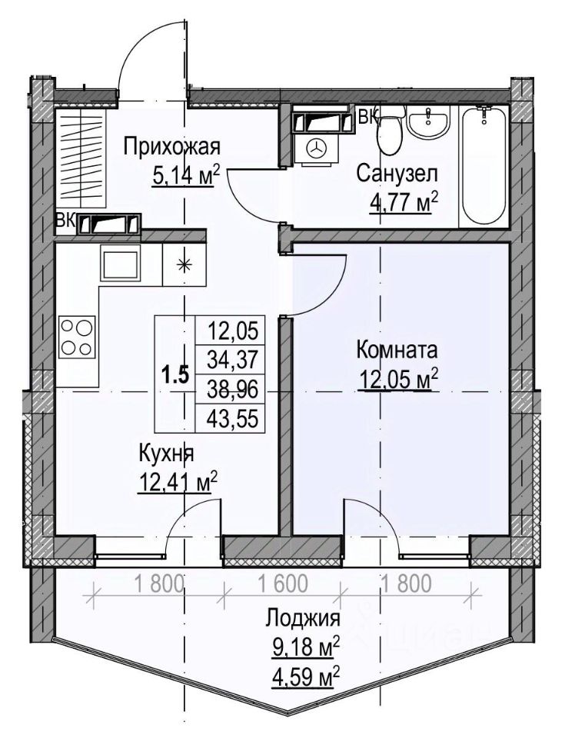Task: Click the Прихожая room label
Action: [172, 148]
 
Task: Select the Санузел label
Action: [397, 174]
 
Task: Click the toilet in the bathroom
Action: [391, 131]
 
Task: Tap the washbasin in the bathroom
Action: [428, 121]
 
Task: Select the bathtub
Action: [484, 167]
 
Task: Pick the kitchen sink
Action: [120, 266]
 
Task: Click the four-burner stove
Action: [77, 336]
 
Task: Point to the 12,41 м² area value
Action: [178, 482]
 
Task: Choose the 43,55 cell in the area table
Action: [233, 418]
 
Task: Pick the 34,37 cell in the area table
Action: [233, 361]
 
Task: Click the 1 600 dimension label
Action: [284, 583]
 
